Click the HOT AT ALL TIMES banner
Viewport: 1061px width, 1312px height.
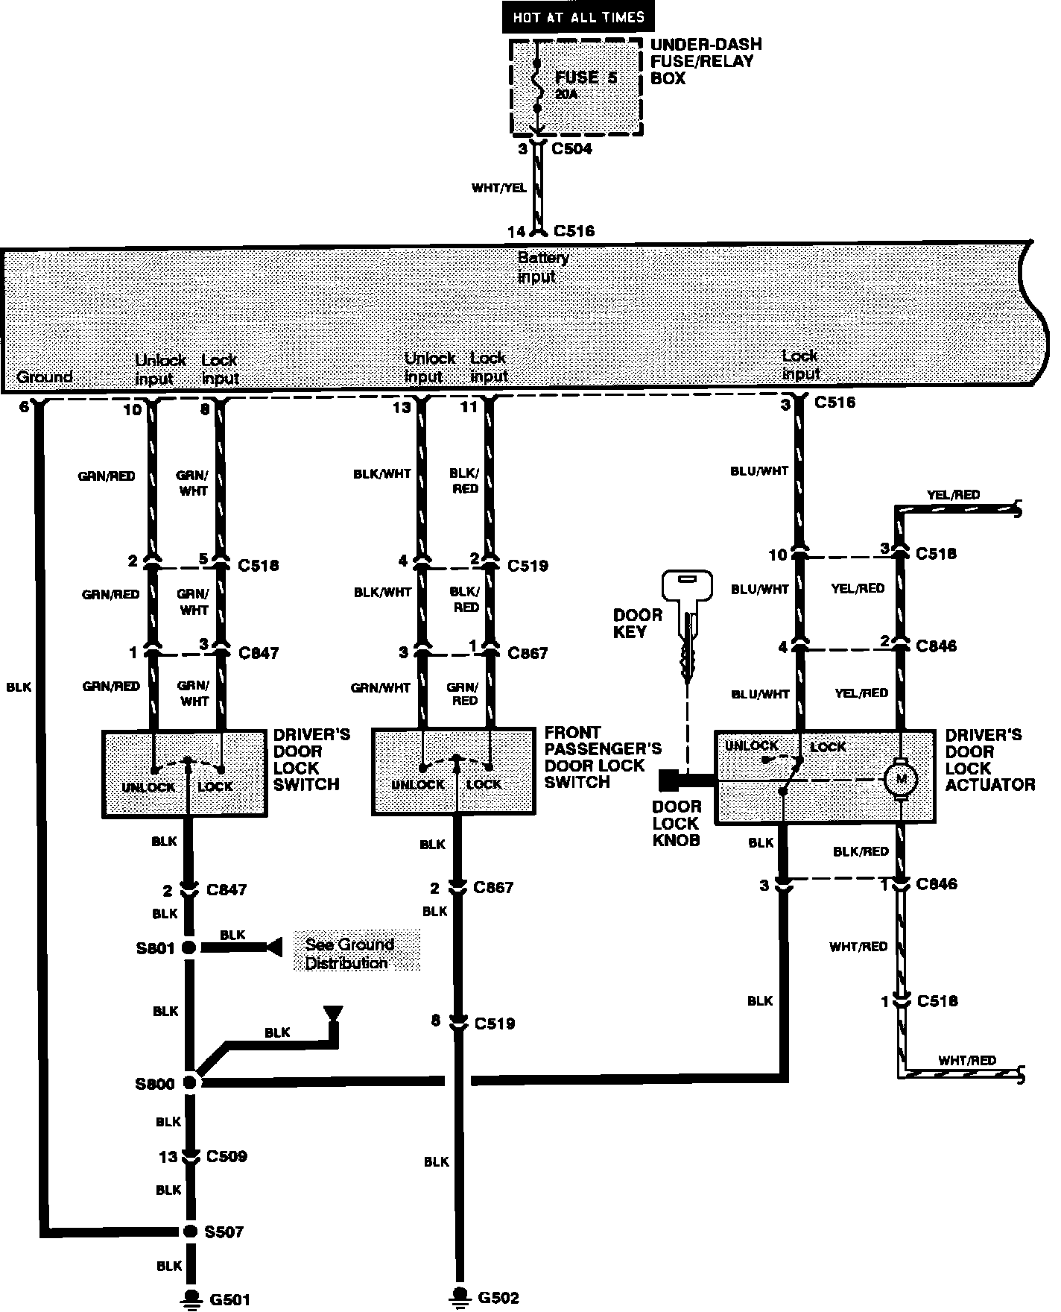(x=578, y=17)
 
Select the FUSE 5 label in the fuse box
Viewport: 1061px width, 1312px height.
(x=586, y=78)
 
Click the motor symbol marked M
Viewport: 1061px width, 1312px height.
(x=901, y=780)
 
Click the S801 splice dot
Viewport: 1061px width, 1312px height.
(x=189, y=947)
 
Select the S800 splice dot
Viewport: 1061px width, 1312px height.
(x=190, y=1082)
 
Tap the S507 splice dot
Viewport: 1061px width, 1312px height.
(x=190, y=1231)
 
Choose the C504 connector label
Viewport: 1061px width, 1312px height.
(x=571, y=149)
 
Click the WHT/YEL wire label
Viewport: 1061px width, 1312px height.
(x=498, y=188)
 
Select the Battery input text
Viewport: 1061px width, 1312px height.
(x=542, y=267)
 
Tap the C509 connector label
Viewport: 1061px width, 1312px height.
(x=227, y=1156)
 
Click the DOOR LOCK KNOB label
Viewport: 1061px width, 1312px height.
(x=677, y=823)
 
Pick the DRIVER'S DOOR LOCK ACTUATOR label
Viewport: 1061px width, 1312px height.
(x=989, y=760)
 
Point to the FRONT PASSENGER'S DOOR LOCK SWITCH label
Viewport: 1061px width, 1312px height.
(x=602, y=757)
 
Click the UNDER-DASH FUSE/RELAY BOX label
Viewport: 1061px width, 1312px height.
(x=706, y=61)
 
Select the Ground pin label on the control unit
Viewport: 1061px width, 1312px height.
(x=45, y=376)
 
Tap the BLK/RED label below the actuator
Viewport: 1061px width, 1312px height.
(x=861, y=851)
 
